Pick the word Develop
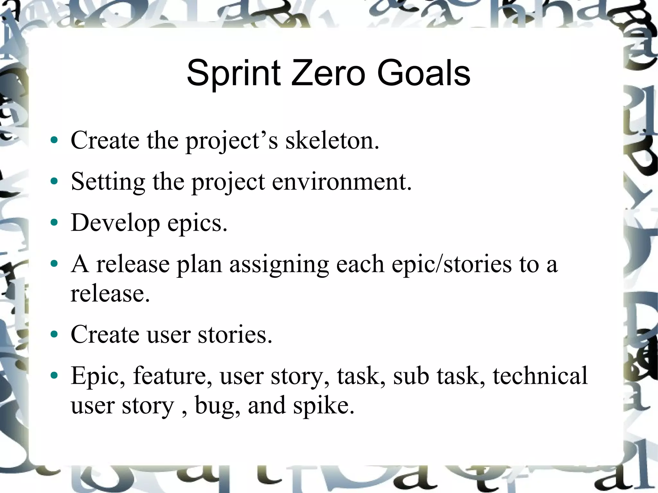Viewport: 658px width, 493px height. click(115, 223)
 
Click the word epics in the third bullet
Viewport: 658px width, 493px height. click(197, 223)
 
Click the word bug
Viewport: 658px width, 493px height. click(217, 405)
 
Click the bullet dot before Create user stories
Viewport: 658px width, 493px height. click(54, 334)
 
